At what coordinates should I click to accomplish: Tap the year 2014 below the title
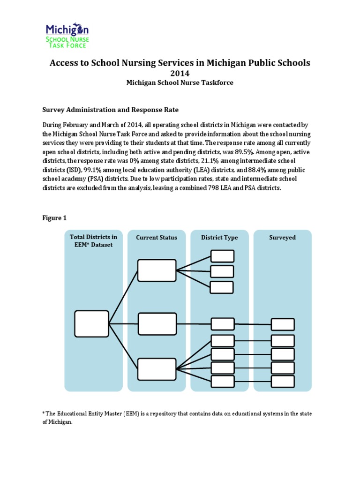[180, 73]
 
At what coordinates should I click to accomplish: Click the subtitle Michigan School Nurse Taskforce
[180, 83]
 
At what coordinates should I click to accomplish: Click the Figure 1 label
[54, 218]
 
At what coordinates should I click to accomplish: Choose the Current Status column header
[157, 238]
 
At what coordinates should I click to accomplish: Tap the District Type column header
[219, 238]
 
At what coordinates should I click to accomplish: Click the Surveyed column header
[282, 238]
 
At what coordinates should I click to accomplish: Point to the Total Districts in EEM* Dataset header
[93, 241]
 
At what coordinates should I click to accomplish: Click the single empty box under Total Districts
[92, 324]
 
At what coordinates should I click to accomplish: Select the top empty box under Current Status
[157, 270]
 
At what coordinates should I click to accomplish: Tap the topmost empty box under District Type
[222, 256]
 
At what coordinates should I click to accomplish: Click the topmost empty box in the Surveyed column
[283, 324]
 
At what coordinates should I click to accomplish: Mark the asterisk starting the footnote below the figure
[43, 413]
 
